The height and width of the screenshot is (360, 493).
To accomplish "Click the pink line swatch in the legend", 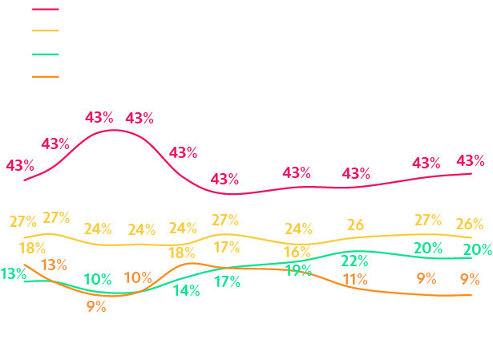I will tap(45, 9).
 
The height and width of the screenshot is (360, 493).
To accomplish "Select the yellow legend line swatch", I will tap(45, 31).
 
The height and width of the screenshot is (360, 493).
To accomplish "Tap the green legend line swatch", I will tap(45, 54).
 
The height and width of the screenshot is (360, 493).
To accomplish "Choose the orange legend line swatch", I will tap(45, 76).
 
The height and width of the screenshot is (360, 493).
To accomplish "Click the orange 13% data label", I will tap(54, 265).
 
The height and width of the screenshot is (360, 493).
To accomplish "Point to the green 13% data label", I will tap(13, 273).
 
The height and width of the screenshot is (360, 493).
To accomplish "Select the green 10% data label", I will tap(98, 279).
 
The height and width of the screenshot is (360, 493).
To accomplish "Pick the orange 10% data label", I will tap(138, 277).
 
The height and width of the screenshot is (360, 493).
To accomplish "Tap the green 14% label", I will tap(186, 290).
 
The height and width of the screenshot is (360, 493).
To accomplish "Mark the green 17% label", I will tap(227, 281).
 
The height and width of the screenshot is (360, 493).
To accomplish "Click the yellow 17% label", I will tap(227, 247).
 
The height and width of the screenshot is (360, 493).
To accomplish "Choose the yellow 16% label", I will tap(297, 253).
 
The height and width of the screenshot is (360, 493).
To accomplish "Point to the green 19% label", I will tap(298, 270).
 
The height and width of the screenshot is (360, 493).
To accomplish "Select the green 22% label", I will tap(354, 261).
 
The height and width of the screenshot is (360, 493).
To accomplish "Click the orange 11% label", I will tap(354, 279).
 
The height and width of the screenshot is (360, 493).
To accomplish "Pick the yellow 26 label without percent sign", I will tap(355, 224).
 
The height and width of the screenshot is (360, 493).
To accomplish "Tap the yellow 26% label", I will tap(469, 224).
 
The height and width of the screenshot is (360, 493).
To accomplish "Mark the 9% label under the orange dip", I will tap(95, 306).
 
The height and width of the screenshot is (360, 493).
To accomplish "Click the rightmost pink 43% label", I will tap(470, 160).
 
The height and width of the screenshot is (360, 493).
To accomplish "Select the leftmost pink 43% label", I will tap(19, 166).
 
